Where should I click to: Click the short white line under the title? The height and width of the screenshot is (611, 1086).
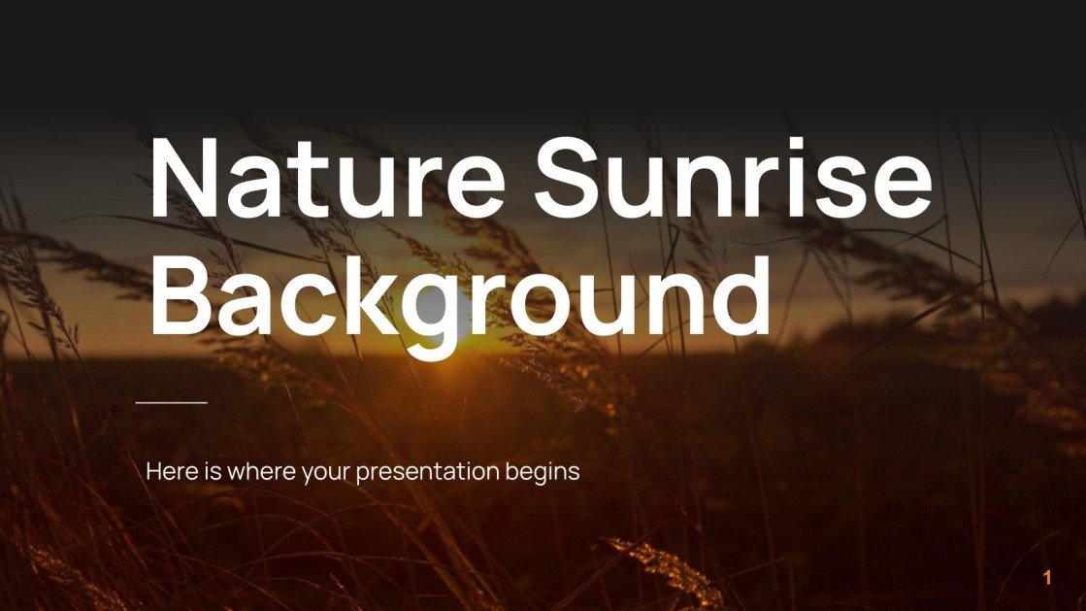click(x=172, y=402)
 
